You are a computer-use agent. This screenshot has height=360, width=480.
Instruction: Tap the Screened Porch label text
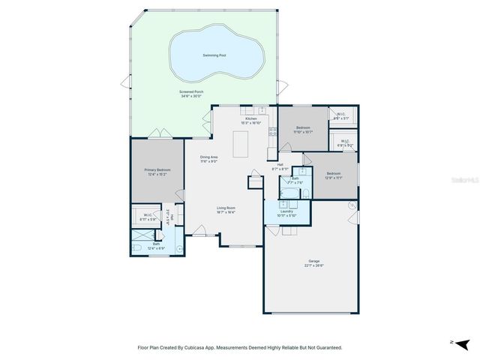(190, 93)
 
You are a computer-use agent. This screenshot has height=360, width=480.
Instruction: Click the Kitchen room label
(251, 118)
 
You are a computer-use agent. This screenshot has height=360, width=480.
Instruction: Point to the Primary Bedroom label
(157, 170)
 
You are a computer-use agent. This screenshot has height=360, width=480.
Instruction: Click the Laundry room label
(286, 211)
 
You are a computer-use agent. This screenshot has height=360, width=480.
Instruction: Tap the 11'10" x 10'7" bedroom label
(303, 127)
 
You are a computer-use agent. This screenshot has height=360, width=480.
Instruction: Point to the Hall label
(280, 164)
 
